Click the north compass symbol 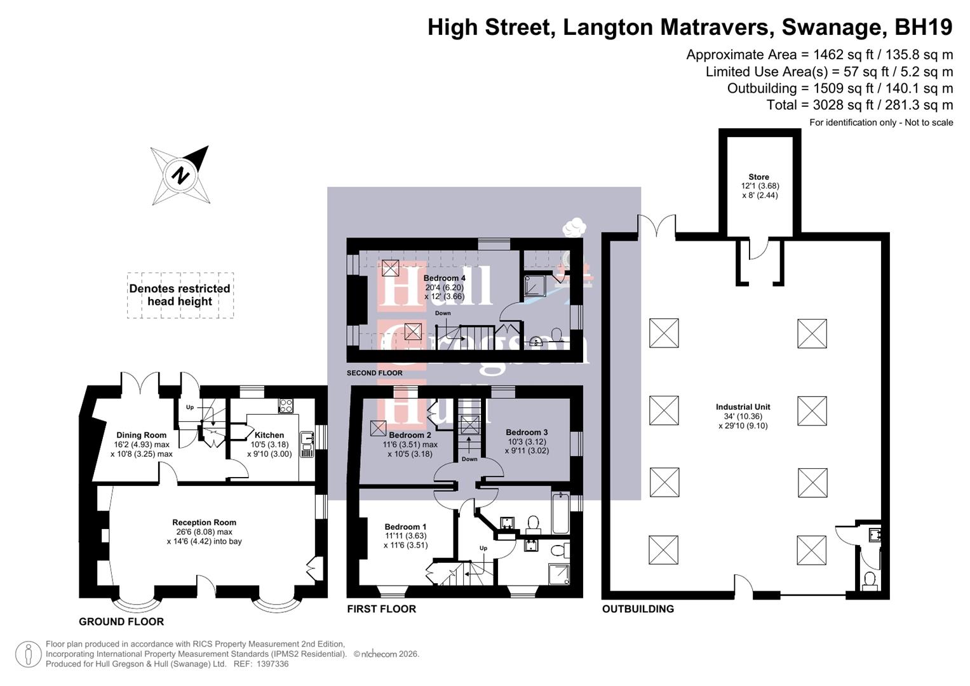[x=180, y=175]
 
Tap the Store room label [x=759, y=177]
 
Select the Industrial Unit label [x=743, y=407]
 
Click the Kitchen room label [x=269, y=435]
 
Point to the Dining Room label [x=141, y=435]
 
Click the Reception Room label [x=204, y=522]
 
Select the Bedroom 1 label [x=405, y=527]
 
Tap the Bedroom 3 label [x=527, y=432]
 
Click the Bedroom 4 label [x=444, y=278]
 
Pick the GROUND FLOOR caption [x=121, y=622]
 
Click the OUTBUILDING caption [x=638, y=609]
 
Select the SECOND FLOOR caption [x=375, y=373]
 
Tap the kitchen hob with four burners [x=285, y=405]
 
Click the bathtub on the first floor [x=560, y=512]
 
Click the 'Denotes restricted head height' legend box [x=180, y=295]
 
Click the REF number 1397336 [x=273, y=664]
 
